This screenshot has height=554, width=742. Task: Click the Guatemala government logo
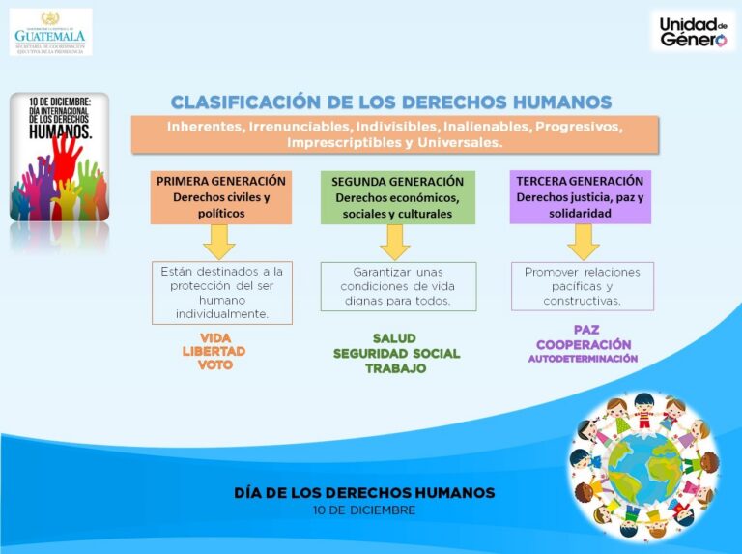[x=50, y=31]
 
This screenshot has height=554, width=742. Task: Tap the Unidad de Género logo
[x=692, y=31]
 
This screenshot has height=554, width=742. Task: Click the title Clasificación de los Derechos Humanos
[x=391, y=102]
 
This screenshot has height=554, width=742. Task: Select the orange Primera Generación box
[x=221, y=197]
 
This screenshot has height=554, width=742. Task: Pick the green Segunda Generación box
[x=397, y=197]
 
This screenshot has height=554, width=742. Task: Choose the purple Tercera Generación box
[x=580, y=196]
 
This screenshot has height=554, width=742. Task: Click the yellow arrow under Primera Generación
[x=220, y=241]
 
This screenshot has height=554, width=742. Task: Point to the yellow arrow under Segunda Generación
[x=395, y=242]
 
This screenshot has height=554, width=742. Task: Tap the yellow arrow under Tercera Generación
[x=583, y=241]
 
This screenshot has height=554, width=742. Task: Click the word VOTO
[x=214, y=365]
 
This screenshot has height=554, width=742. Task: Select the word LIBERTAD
[x=214, y=351]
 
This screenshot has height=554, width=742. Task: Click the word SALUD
[x=394, y=338]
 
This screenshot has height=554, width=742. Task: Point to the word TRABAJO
[x=395, y=368]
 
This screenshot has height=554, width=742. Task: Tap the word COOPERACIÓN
[x=584, y=344]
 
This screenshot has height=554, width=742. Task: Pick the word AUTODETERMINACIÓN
[x=583, y=359]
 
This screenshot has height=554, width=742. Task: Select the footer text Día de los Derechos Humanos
[x=364, y=492]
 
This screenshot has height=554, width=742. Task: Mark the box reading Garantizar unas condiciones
[x=398, y=286]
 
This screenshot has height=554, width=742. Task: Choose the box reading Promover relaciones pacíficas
[x=583, y=286]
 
